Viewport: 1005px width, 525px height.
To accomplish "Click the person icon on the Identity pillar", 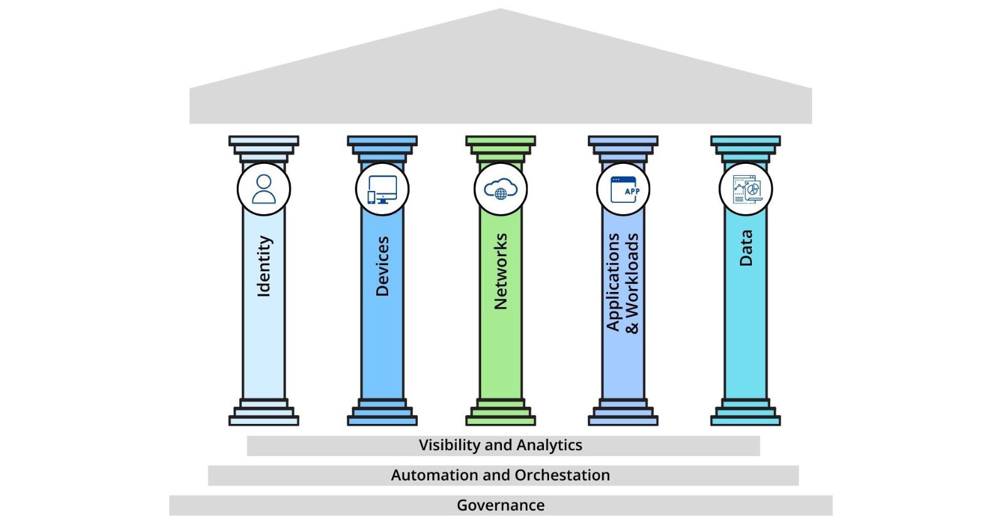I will click(x=264, y=189).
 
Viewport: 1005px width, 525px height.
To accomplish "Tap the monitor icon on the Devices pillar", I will click(x=382, y=189).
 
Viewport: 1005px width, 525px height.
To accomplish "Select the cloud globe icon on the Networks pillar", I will click(x=500, y=189).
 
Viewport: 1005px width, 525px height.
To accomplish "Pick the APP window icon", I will click(x=623, y=189).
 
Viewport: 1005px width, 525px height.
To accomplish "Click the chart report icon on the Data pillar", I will click(x=746, y=189).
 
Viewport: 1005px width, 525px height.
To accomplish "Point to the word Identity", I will click(x=264, y=266).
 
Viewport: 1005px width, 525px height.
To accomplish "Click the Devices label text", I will click(x=382, y=266).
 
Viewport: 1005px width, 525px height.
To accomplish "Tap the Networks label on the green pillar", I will click(x=500, y=271).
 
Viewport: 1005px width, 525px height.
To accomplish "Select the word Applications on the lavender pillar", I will click(x=613, y=282).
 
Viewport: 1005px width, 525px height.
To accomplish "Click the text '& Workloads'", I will click(x=632, y=283).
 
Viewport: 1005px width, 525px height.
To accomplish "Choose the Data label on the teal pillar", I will click(x=746, y=247).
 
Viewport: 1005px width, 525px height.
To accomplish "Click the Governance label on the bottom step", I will click(x=501, y=506).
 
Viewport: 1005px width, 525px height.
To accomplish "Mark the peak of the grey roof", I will click(x=501, y=10).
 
